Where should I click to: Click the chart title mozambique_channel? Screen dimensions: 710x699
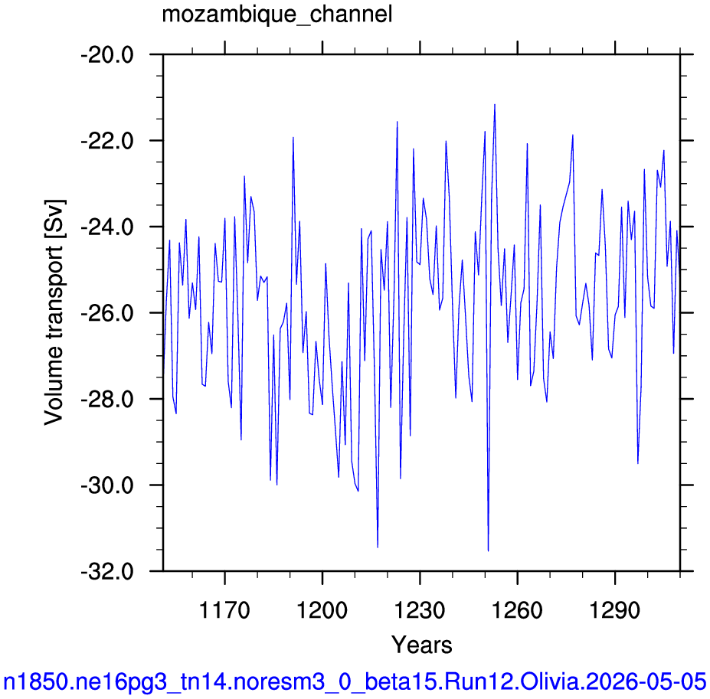[277, 15]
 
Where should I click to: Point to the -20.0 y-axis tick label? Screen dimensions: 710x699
[107, 56]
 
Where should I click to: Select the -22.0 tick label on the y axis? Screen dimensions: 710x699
[107, 142]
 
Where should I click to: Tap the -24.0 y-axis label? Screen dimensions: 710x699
[107, 227]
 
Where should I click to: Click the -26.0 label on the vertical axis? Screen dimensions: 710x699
[107, 314]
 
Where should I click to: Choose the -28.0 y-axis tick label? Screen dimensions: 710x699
[107, 400]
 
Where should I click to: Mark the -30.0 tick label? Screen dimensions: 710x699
[107, 485]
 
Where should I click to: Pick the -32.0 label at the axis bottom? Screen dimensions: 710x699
[107, 572]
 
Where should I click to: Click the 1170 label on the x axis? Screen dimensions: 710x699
[224, 610]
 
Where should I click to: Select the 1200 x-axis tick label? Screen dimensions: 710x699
[322, 610]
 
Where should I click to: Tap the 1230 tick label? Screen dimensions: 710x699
[420, 610]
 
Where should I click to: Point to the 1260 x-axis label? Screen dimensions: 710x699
[517, 610]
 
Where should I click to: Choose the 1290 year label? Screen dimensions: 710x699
[615, 610]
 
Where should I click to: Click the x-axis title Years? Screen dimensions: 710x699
[421, 645]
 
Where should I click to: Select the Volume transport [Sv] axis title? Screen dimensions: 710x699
[55, 312]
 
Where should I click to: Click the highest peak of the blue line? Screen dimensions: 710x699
[495, 105]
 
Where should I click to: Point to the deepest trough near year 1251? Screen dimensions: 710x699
[488, 551]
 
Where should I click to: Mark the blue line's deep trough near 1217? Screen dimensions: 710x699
[378, 547]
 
